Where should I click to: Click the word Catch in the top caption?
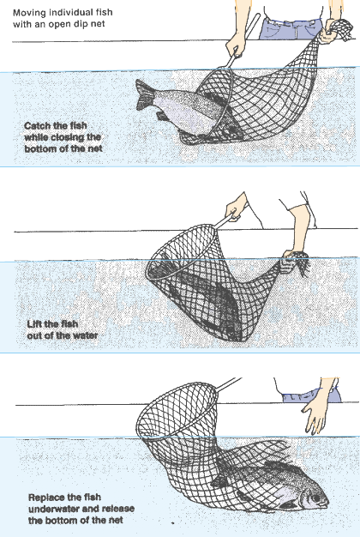[36, 126]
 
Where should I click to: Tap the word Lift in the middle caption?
[33, 324]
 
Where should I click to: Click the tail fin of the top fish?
[144, 95]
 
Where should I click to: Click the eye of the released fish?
[315, 498]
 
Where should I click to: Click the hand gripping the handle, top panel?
[236, 45]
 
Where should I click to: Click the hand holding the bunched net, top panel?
[328, 32]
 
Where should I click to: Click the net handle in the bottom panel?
[229, 384]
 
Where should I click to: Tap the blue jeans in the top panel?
[291, 28]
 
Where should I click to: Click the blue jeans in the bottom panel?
[311, 395]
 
